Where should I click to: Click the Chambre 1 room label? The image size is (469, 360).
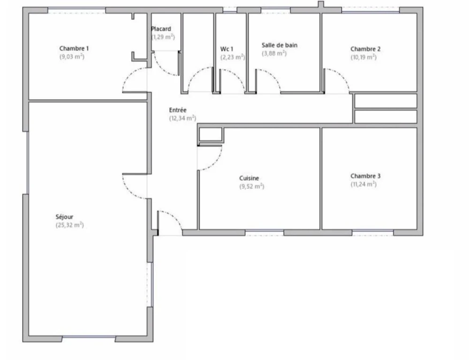point(74,48)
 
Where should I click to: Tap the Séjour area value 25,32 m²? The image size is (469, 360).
point(70,225)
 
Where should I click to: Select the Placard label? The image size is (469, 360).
point(161,29)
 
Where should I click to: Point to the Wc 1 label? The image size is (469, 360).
point(227,49)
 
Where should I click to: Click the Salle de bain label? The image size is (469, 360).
point(280,45)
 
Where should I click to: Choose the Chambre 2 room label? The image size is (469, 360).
point(365,49)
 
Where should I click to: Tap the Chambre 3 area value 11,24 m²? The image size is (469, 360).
point(364,184)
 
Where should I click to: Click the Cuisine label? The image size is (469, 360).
point(249,178)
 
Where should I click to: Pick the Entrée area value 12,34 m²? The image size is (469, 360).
point(183,118)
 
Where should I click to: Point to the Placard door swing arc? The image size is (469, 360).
point(161,69)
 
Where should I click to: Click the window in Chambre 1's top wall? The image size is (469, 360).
point(76,10)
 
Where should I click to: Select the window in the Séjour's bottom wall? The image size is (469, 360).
point(89,337)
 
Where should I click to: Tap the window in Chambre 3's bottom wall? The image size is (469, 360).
point(373,233)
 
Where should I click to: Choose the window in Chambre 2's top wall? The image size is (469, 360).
point(371,10)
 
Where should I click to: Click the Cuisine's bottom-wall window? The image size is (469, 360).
point(265,233)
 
